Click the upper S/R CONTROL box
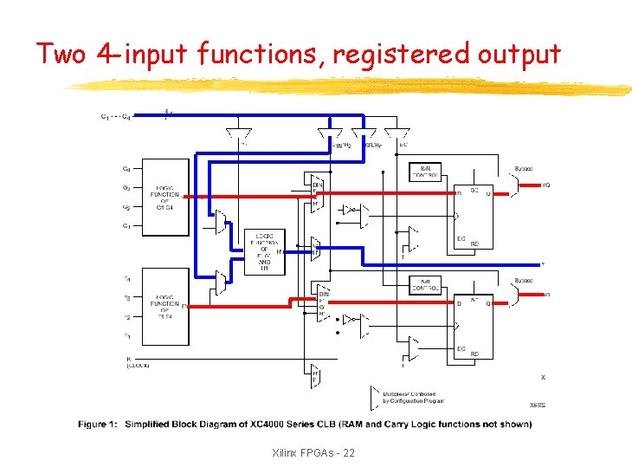click(x=430, y=171)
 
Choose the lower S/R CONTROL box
click(x=430, y=284)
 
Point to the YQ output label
click(x=545, y=184)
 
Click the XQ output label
click(x=545, y=295)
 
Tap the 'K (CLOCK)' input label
click(x=137, y=362)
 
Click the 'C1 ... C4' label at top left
click(x=116, y=115)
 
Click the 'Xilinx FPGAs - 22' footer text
click(x=313, y=453)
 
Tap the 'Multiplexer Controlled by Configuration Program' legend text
click(x=414, y=397)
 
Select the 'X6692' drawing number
click(x=538, y=405)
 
